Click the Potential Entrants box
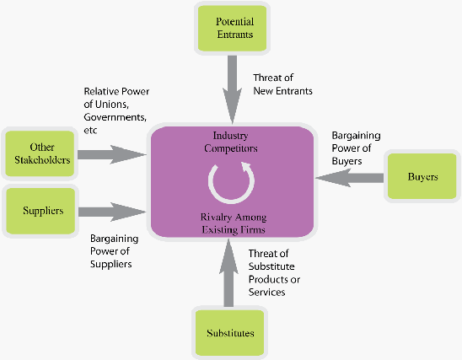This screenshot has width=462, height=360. point(232,29)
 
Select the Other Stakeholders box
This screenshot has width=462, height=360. point(40,153)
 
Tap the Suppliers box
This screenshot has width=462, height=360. point(40,211)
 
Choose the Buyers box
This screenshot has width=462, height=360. point(422,176)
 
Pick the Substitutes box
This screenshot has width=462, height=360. point(230,333)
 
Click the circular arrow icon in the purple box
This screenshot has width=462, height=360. point(231,183)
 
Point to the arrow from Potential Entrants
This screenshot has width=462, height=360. point(232,89)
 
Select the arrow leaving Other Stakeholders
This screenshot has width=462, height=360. point(112,154)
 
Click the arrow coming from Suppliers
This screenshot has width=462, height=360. point(112,212)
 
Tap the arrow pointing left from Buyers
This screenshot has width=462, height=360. point(349,178)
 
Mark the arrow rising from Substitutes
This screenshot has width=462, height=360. point(228,272)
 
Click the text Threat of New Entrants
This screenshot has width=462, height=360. point(282,84)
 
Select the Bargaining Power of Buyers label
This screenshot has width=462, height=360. point(356,148)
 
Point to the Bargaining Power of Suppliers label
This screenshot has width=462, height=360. point(114,251)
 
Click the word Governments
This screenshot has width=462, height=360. point(115,117)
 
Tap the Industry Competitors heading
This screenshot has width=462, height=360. point(231,142)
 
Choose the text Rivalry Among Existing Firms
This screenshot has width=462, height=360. point(234,223)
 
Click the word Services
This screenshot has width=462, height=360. point(266,292)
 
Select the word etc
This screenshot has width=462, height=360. point(90,130)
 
